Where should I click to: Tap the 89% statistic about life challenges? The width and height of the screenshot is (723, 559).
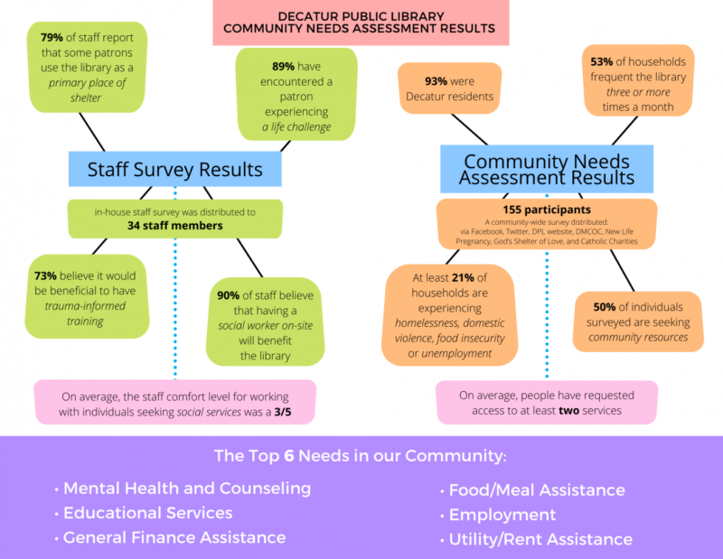click(x=285, y=66)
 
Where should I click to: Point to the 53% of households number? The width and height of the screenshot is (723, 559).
click(x=600, y=61)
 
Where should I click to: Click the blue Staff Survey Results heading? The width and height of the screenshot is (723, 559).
click(x=174, y=169)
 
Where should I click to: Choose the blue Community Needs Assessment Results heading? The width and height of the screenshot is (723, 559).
click(x=547, y=170)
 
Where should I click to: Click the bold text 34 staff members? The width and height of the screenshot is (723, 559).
click(x=174, y=226)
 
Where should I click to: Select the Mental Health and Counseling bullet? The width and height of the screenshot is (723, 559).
click(x=187, y=489)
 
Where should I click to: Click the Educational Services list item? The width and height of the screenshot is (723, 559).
click(x=147, y=513)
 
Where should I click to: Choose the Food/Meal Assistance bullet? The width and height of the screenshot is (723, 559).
click(x=537, y=490)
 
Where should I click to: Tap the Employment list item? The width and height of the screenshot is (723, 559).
click(x=502, y=515)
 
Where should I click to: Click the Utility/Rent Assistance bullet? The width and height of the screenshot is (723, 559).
click(x=540, y=539)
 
